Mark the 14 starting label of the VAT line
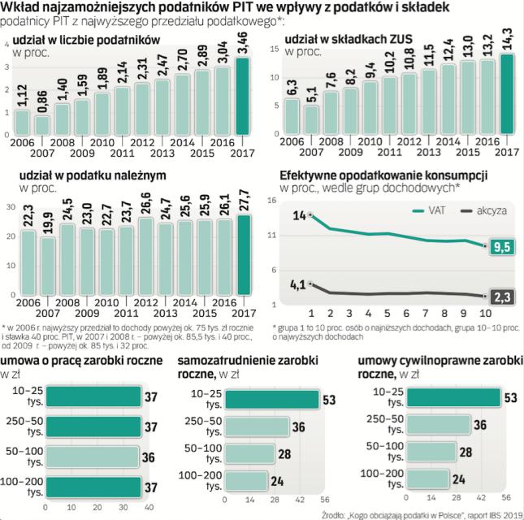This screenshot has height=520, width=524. click(298, 214)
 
